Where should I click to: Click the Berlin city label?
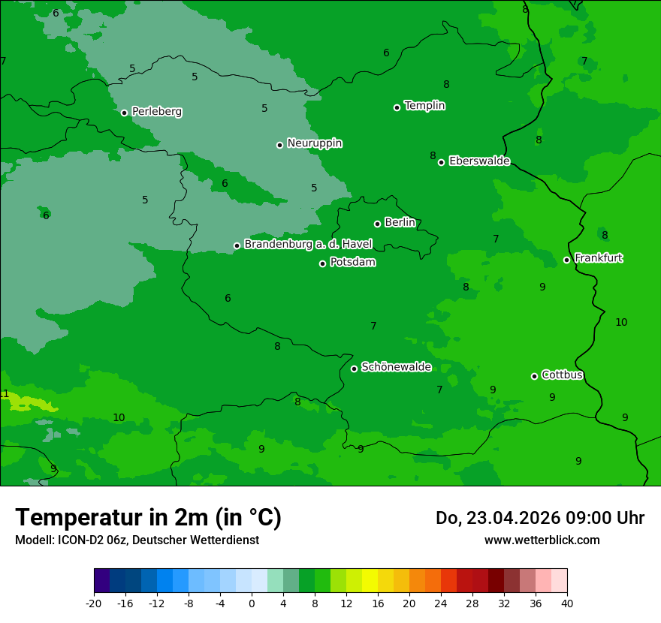400,222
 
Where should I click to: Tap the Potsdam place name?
352,262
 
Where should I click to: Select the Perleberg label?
156,111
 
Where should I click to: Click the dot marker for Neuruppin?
279,145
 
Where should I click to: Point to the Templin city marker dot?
397,107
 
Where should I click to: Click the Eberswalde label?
479,161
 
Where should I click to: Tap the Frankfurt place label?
598,257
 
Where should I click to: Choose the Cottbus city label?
562,375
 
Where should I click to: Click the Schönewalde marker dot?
354,369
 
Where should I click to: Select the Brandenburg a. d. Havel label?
308,244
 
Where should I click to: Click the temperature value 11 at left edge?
4,394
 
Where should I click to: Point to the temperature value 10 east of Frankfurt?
621,322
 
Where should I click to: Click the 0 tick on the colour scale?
252,603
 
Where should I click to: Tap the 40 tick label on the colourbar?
566,603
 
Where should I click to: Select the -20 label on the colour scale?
94,603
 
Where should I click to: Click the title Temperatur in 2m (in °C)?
148,517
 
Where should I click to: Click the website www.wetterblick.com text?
542,540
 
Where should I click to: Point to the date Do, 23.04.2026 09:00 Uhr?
539,518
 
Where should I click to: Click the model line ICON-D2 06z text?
137,540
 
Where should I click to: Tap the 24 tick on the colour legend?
440,603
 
